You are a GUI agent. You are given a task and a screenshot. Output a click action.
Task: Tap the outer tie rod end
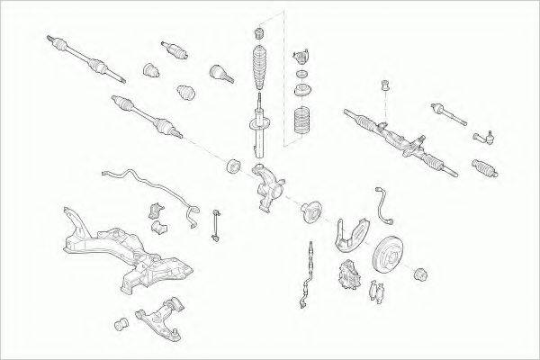[482, 138]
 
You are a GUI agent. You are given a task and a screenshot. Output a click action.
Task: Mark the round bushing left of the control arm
[120, 321]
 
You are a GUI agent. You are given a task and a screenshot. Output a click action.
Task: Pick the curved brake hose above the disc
[386, 203]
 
